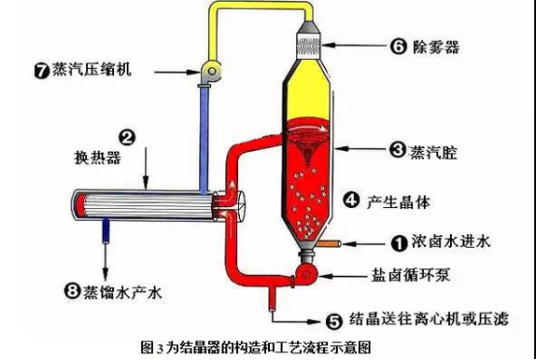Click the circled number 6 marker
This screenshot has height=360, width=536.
[399, 46]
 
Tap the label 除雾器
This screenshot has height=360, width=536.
[436, 46]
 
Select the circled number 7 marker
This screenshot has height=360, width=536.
[43, 72]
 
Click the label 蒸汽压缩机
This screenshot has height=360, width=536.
[91, 70]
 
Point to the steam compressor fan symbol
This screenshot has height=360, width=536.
[211, 71]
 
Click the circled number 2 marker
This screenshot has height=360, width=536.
[127, 137]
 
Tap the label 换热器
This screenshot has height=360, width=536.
[98, 158]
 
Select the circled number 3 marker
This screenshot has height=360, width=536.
[398, 149]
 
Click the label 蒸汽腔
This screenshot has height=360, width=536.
[433, 152]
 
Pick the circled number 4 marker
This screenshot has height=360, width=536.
[351, 200]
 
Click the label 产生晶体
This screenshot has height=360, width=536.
[398, 201]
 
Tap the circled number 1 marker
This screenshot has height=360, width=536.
[399, 243]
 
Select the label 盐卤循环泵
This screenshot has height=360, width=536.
[411, 274]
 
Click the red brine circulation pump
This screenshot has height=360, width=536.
[307, 274]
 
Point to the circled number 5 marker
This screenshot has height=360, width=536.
[335, 321]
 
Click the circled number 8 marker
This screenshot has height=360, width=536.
[73, 291]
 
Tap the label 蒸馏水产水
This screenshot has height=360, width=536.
[122, 292]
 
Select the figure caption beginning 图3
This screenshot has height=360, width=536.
[255, 347]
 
